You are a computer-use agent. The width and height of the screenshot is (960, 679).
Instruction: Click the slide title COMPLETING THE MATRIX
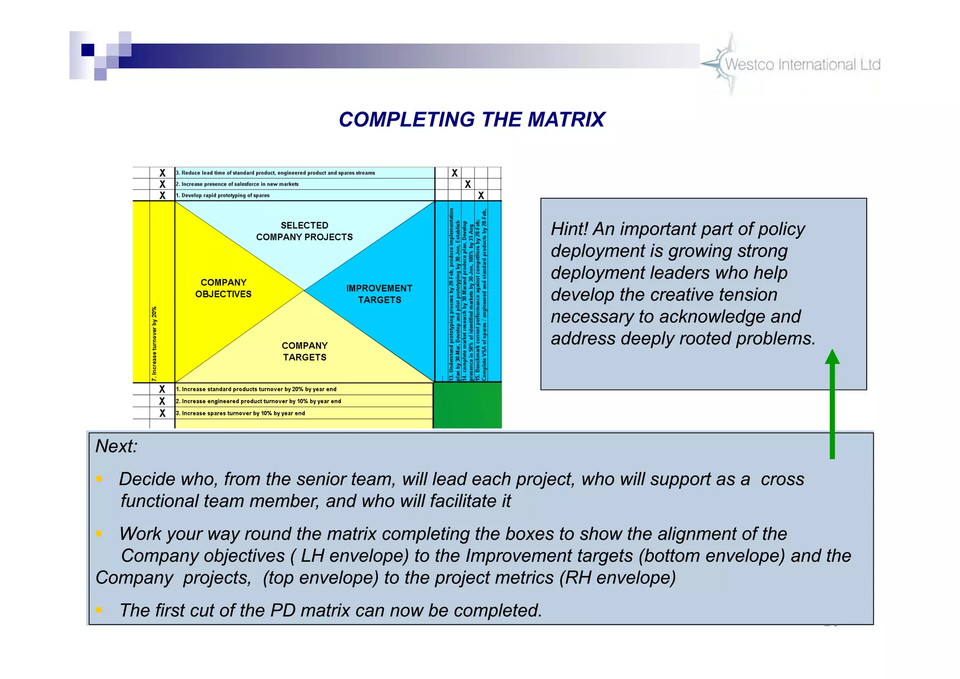pyautogui.click(x=472, y=120)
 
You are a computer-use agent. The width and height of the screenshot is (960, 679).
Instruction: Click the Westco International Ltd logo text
pyautogui.click(x=802, y=64)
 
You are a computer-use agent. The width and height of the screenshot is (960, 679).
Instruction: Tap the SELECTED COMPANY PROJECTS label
pyautogui.click(x=304, y=231)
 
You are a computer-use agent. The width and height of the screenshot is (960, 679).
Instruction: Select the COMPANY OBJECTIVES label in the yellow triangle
pyautogui.click(x=223, y=288)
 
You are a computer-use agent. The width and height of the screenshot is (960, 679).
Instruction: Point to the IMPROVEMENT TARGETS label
pyautogui.click(x=379, y=294)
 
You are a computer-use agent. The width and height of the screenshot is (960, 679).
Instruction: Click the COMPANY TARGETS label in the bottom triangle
pyautogui.click(x=304, y=351)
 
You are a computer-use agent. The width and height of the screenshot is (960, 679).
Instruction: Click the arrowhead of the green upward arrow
pyautogui.click(x=832, y=357)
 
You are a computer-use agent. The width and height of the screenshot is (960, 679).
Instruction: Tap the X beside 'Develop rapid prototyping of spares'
pyautogui.click(x=162, y=196)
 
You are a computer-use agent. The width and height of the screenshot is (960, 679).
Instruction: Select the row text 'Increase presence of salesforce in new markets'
pyautogui.click(x=237, y=184)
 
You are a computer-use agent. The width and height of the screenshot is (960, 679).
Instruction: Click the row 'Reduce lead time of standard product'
pyautogui.click(x=275, y=173)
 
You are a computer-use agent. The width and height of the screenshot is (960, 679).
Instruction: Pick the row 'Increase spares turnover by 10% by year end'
pyautogui.click(x=240, y=413)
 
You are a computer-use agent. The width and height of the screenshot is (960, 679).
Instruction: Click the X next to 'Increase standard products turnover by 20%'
pyautogui.click(x=162, y=389)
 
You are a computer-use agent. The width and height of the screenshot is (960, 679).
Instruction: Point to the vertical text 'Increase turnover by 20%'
pyautogui.click(x=154, y=343)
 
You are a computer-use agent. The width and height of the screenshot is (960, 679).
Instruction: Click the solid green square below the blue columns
pyautogui.click(x=467, y=405)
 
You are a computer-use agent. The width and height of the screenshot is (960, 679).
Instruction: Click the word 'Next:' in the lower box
pyautogui.click(x=116, y=446)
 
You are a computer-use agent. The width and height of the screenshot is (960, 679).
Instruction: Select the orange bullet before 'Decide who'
pyautogui.click(x=99, y=479)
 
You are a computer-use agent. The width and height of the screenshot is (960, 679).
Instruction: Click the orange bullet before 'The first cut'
pyautogui.click(x=99, y=610)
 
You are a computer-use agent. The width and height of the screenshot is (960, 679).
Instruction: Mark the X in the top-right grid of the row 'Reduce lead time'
pyautogui.click(x=454, y=173)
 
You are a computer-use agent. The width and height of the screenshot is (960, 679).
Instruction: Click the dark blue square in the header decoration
pyautogui.click(x=88, y=50)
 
